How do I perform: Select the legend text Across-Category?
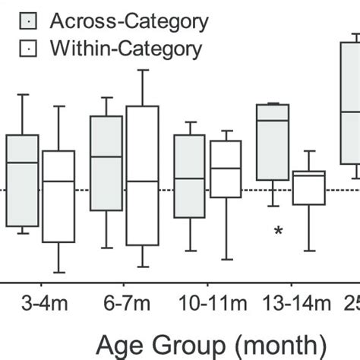click(x=128, y=21)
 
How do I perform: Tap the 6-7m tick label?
click(x=125, y=305)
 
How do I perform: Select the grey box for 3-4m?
click(x=23, y=180)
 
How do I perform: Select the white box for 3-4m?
click(x=58, y=196)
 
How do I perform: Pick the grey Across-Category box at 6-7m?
click(x=106, y=163)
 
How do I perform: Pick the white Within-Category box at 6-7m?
click(x=142, y=175)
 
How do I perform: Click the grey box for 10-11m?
click(x=189, y=176)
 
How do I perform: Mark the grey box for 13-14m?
click(x=273, y=142)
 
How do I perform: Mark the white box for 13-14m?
click(x=309, y=188)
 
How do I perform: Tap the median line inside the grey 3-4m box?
click(x=23, y=163)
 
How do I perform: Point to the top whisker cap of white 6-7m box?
click(x=142, y=70)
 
